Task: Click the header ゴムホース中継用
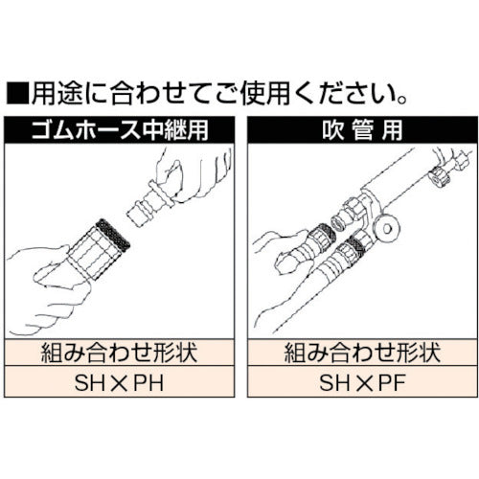(x=119, y=127)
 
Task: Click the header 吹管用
(x=359, y=127)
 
